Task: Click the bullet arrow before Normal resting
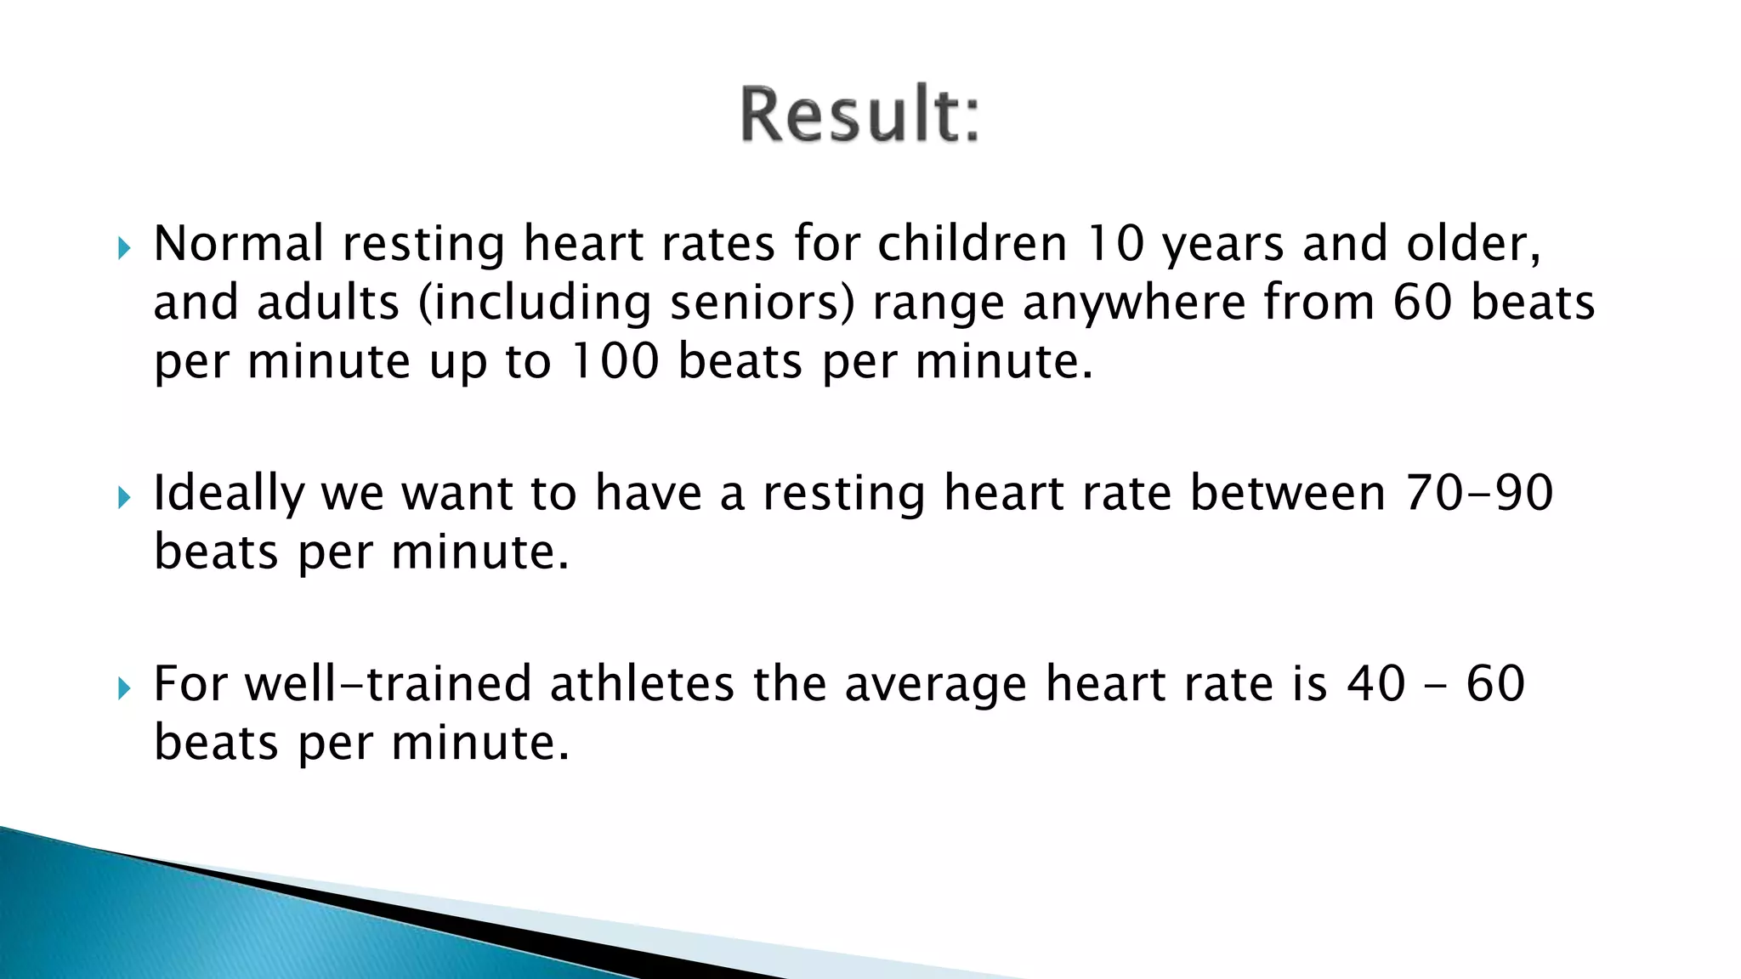(x=125, y=249)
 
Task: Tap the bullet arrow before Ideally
(x=125, y=498)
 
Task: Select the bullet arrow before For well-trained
(x=125, y=688)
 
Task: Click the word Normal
(x=238, y=244)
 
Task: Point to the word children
(x=972, y=244)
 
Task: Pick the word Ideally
(x=228, y=494)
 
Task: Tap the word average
(x=935, y=686)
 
